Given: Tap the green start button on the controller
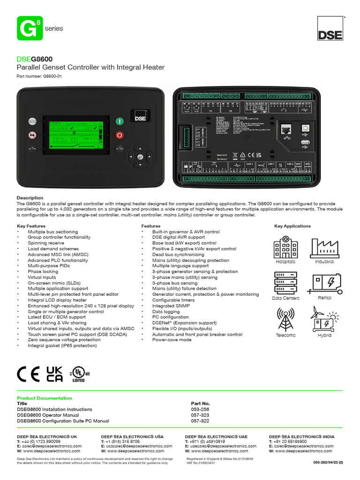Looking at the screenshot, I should tap(120, 121).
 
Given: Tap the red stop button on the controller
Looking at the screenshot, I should tap(120, 135).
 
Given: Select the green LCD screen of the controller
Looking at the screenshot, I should tap(76, 135).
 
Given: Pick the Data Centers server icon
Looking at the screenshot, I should tap(285, 283).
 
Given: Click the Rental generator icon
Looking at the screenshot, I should tap(324, 283).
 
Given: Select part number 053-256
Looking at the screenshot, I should tap(200, 409).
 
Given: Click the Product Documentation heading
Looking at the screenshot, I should tap(45, 398).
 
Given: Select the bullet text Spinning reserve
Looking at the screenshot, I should tap(46, 243).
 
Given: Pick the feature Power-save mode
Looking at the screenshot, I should tap(172, 340).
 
